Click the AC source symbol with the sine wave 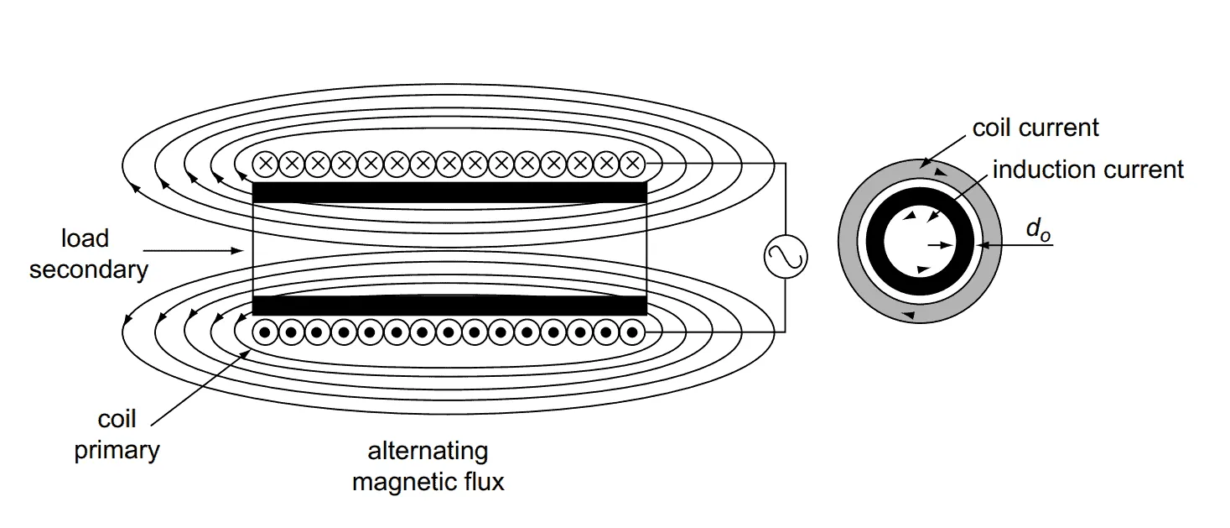click(x=785, y=256)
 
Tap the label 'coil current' click(x=1035, y=128)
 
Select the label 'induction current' click(x=1087, y=170)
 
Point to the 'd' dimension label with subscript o click(x=1037, y=232)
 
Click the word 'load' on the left click(x=85, y=238)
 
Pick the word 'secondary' click(x=88, y=269)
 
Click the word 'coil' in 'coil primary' click(x=117, y=419)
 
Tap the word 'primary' click(x=117, y=450)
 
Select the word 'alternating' click(x=428, y=451)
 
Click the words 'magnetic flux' click(x=428, y=483)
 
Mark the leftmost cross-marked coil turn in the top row click(x=265, y=164)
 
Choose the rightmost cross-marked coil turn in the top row click(x=631, y=164)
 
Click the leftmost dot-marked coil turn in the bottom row click(x=265, y=332)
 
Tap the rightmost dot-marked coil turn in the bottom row click(x=631, y=332)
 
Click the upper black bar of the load click(x=449, y=192)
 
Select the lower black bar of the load click(x=449, y=305)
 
